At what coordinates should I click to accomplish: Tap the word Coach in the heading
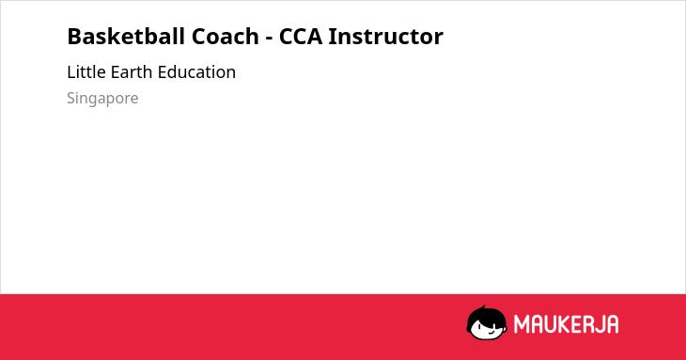tap(226, 37)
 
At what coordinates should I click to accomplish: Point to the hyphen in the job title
tap(269, 39)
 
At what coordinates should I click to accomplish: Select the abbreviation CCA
tap(301, 37)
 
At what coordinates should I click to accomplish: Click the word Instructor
tap(386, 37)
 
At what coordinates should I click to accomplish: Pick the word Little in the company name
tap(86, 72)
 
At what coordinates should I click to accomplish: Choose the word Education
tap(196, 72)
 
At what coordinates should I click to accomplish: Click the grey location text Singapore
tap(102, 99)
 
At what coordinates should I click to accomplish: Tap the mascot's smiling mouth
tap(491, 332)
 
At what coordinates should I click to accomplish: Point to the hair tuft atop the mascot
tap(483, 307)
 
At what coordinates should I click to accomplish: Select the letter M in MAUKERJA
tap(521, 324)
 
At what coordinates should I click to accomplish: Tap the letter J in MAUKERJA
tap(599, 324)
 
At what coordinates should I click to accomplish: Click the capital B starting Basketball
tap(74, 37)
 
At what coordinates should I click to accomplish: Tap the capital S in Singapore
tap(71, 98)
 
